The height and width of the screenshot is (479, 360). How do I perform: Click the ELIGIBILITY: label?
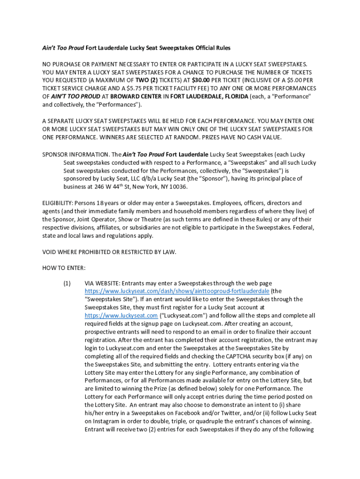pyautogui.click(x=58, y=203)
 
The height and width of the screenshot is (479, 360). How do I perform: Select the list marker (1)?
pyautogui.click(x=67, y=283)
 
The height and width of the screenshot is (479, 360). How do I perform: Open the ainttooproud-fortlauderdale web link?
pyautogui.click(x=177, y=291)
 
